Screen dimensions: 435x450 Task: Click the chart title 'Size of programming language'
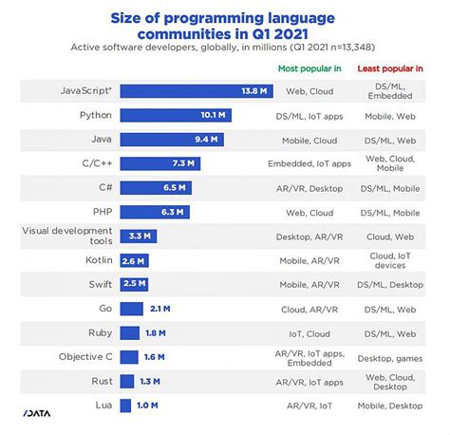coord(225,16)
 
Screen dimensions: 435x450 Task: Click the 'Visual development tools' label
coord(60,236)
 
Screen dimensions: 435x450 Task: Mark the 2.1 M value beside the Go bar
coord(160,308)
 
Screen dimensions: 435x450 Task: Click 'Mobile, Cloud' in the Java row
coord(309,140)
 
